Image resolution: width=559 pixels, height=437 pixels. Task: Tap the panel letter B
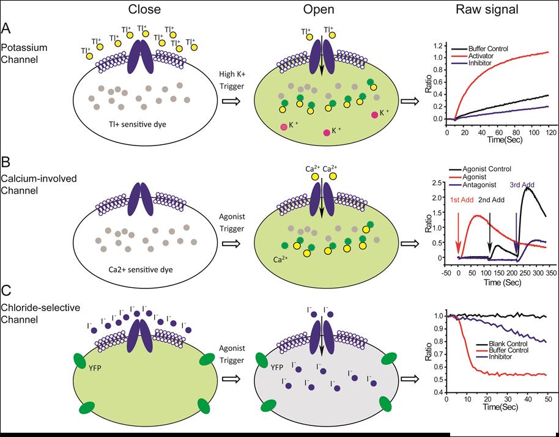pyautogui.click(x=7, y=163)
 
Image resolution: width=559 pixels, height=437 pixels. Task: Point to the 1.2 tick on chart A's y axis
pyautogui.click(x=437, y=46)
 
